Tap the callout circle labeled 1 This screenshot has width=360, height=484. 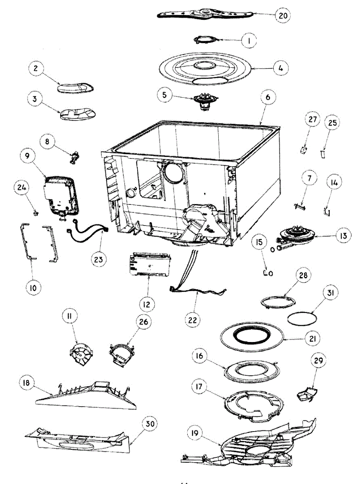[x=249, y=40]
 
